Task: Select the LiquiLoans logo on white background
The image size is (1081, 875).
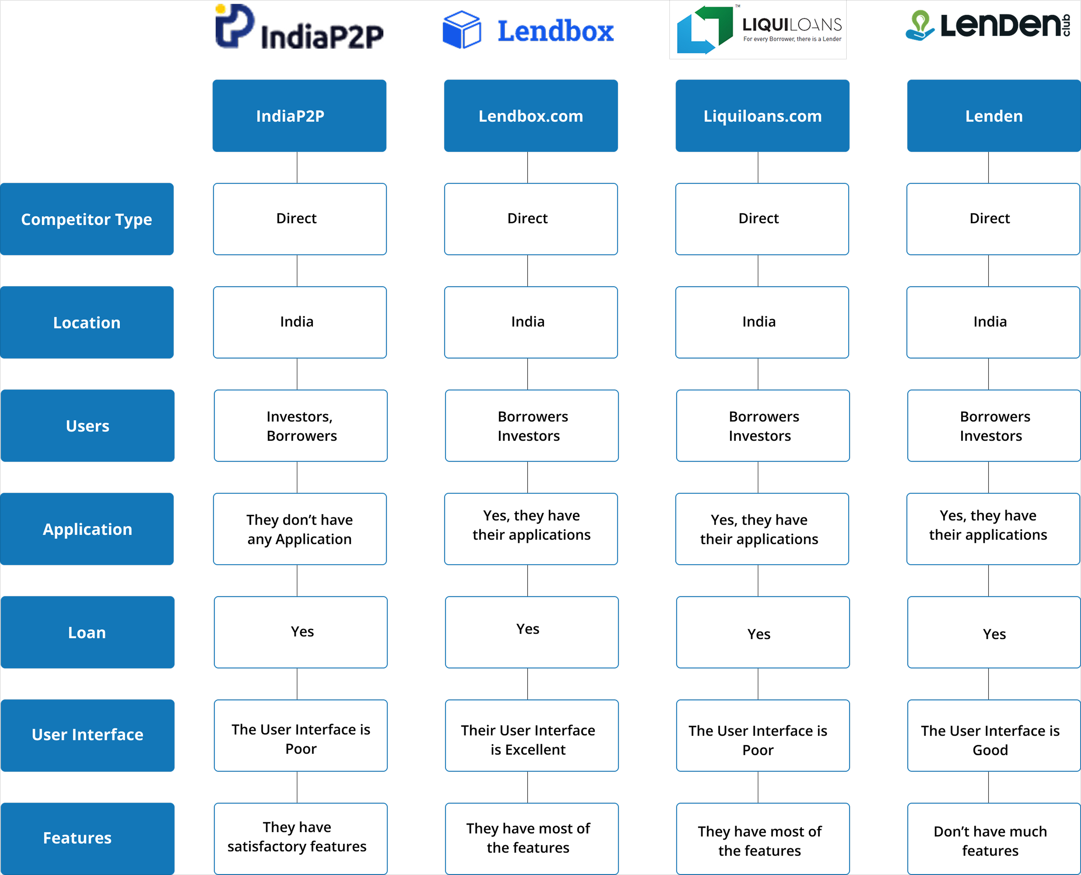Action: coord(758,29)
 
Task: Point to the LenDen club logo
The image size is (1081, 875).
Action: coord(988,25)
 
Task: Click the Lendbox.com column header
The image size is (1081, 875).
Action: coord(531,116)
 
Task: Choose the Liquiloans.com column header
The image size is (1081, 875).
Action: coord(762,116)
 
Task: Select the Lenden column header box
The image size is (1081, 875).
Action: coord(993,116)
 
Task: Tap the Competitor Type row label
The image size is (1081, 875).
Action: coord(87,219)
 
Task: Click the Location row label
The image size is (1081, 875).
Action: coord(87,323)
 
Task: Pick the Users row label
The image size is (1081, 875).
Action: coord(87,426)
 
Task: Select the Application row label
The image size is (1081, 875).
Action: coord(87,529)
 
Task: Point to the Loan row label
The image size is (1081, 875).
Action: coord(87,632)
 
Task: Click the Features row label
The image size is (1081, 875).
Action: coord(87,838)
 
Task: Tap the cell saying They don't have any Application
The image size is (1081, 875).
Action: coord(300,529)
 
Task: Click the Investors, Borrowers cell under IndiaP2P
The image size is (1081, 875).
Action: coord(300,426)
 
